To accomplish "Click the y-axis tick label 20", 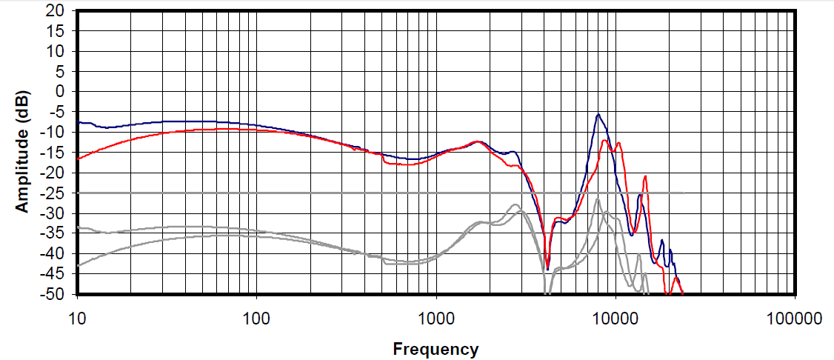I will point(57,12).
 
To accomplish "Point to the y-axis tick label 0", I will point(61,92).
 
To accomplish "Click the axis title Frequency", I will point(436,349).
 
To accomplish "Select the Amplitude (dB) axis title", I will point(23,153).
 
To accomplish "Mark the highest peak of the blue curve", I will point(598,114).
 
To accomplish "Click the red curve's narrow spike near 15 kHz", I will point(646,176).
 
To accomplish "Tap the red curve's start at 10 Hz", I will point(78,159).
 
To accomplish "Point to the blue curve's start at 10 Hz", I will point(78,121).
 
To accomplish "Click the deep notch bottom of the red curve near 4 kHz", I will point(547,268).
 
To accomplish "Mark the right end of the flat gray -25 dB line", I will point(682,193).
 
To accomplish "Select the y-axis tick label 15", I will point(57,32).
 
